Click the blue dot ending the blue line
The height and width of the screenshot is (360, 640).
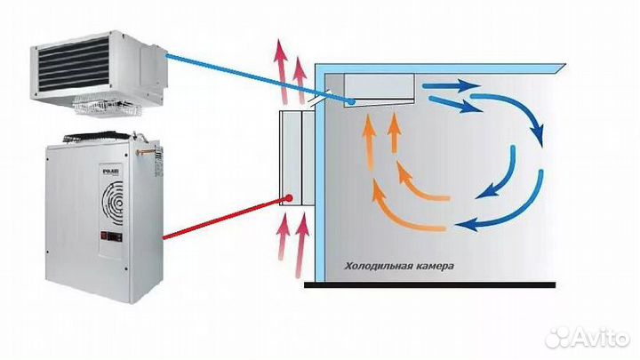[x=353, y=102]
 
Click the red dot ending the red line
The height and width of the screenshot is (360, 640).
[x=289, y=196]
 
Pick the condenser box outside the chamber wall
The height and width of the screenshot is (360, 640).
[x=292, y=158]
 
